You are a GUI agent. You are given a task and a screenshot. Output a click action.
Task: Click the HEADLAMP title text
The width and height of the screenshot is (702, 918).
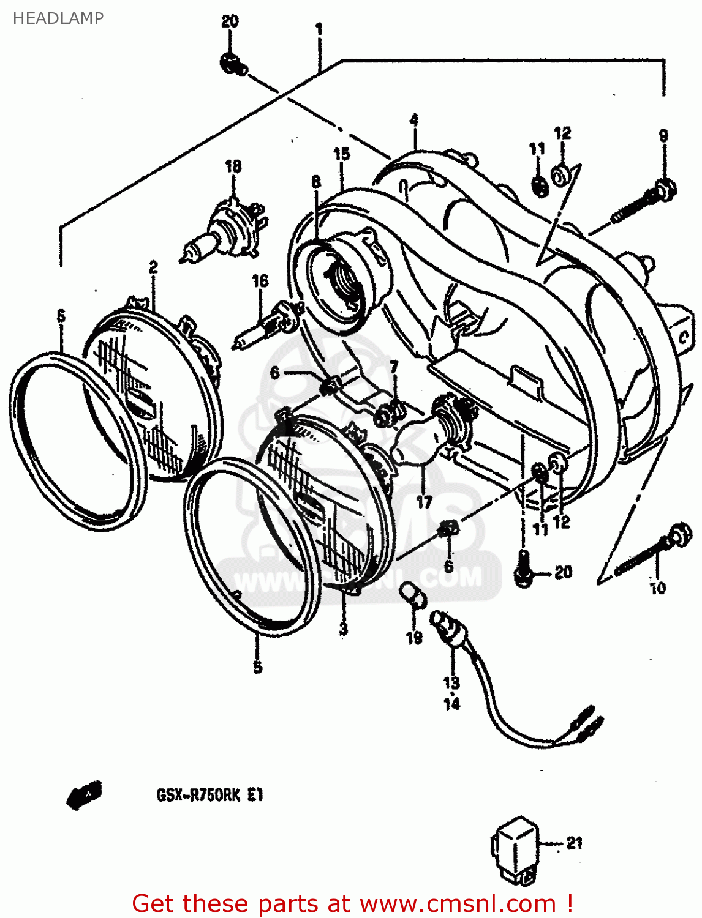pyautogui.click(x=58, y=18)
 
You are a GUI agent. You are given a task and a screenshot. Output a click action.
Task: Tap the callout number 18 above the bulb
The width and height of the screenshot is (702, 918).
pyautogui.click(x=233, y=166)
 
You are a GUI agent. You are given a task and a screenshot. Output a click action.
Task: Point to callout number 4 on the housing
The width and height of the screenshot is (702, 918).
pyautogui.click(x=414, y=120)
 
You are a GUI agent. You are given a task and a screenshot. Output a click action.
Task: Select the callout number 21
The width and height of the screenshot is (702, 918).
pyautogui.click(x=574, y=843)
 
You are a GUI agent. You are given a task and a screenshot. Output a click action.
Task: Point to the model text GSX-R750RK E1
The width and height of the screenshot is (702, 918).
pyautogui.click(x=209, y=796)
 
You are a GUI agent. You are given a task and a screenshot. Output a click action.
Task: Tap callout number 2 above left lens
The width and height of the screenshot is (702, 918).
pyautogui.click(x=153, y=267)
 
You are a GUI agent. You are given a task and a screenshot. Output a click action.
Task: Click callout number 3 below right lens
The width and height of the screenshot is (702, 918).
pyautogui.click(x=343, y=629)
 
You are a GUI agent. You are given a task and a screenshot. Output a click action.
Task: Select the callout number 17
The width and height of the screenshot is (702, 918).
pyautogui.click(x=424, y=502)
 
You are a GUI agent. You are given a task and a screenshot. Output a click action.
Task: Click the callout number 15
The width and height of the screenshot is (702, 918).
pyautogui.click(x=341, y=154)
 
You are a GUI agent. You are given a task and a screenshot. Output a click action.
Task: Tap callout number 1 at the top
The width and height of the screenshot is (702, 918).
pyautogui.click(x=319, y=29)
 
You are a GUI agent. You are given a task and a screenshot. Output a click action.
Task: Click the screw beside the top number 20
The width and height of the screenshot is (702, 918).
pyautogui.click(x=233, y=64)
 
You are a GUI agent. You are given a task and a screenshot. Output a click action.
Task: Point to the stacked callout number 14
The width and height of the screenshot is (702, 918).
pyautogui.click(x=451, y=704)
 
